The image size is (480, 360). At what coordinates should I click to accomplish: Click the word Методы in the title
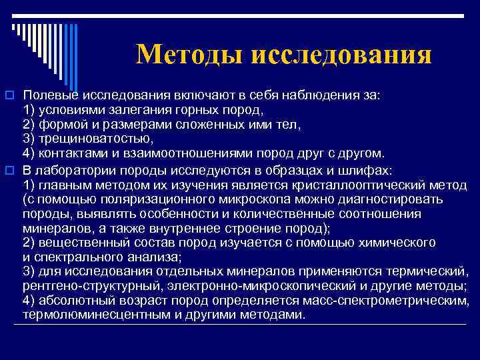click(189, 54)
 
